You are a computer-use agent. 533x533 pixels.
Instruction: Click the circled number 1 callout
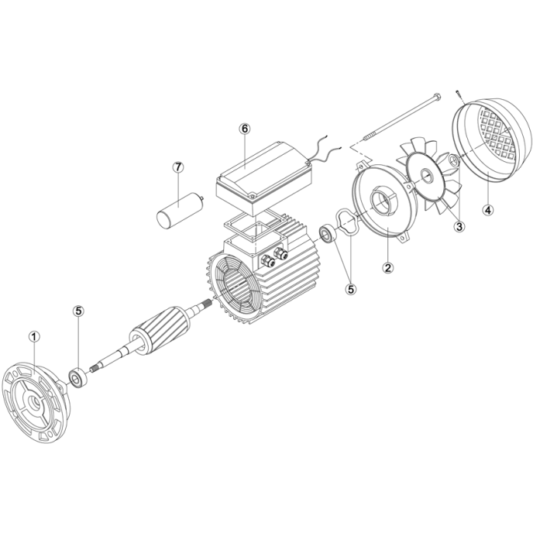pos(34,337)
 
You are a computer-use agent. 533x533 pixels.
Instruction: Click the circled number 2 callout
pos(388,267)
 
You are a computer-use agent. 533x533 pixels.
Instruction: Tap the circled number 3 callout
pos(459,226)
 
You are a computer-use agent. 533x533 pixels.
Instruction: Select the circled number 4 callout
pos(488,210)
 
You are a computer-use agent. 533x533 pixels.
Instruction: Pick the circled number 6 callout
pos(245,129)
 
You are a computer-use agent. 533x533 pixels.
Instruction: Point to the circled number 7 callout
pos(178,167)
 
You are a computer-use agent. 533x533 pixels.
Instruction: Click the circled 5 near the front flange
pos(78,311)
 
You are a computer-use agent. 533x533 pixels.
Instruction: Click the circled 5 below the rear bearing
pos(351,289)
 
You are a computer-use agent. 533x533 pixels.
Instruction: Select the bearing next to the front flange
pos(77,377)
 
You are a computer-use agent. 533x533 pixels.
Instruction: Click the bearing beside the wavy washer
pos(328,233)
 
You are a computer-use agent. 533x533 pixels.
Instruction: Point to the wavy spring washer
pos(347,222)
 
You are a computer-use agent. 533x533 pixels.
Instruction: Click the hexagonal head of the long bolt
pos(438,97)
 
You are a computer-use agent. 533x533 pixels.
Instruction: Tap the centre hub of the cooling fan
pos(425,175)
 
